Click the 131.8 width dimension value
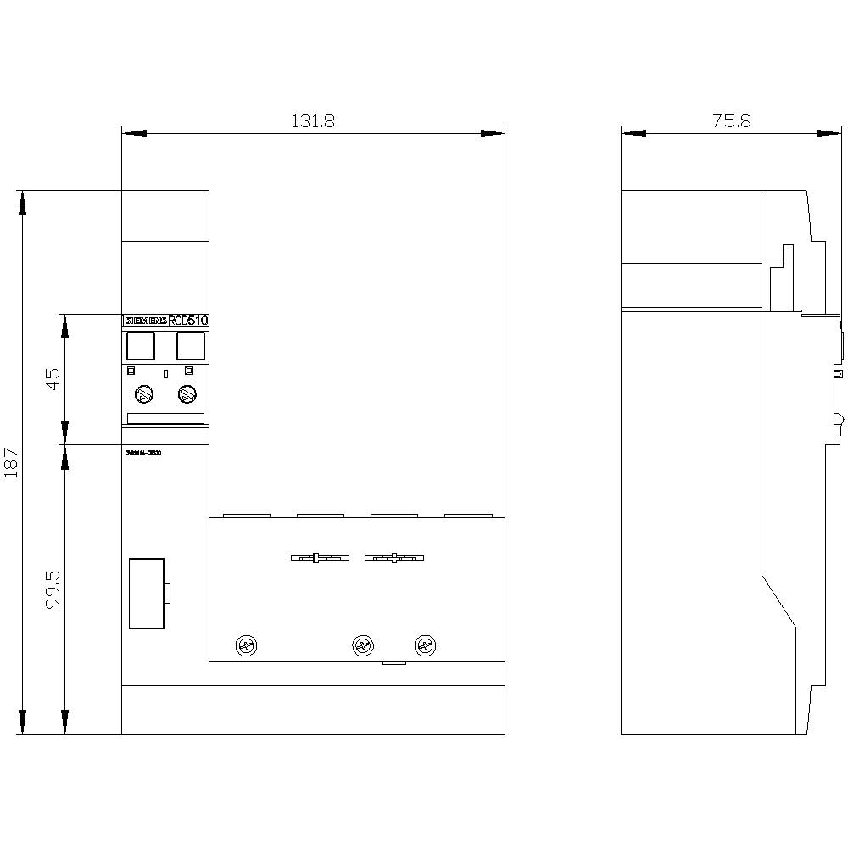[x=313, y=121]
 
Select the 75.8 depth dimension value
[x=731, y=121]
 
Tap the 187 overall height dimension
[x=11, y=463]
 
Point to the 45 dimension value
[x=53, y=378]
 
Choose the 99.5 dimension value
[x=53, y=588]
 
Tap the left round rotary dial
[x=143, y=394]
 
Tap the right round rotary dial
[x=187, y=394]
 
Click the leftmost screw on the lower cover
[x=247, y=646]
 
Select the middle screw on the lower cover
[x=363, y=646]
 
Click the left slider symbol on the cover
[x=318, y=558]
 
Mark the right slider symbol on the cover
[x=393, y=558]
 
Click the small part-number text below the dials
[x=143, y=453]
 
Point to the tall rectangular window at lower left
[x=146, y=594]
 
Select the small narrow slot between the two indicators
[x=165, y=373]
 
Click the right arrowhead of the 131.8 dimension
[x=492, y=133]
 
